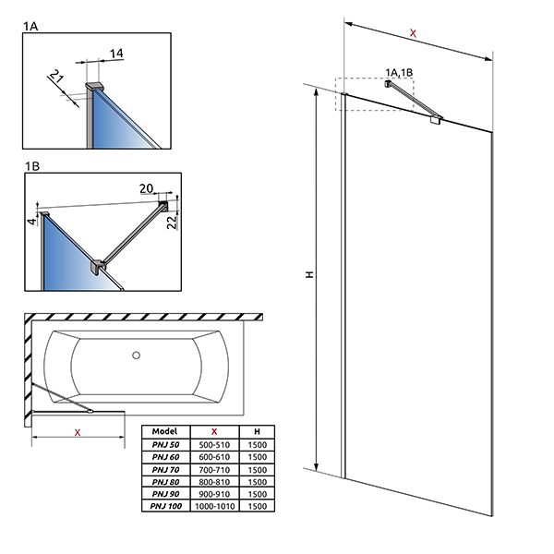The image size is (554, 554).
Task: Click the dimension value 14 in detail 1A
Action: point(115,54)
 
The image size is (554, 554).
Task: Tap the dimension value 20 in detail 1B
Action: point(146,188)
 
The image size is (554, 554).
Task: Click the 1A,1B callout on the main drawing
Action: point(399,70)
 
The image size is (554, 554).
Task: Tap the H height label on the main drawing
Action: point(310,274)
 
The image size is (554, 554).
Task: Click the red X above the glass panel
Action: point(413,33)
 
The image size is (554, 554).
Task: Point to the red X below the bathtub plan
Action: point(78,431)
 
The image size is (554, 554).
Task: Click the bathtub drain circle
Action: point(136,354)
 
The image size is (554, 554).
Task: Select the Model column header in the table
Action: point(164,431)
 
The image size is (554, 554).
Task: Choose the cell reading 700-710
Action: point(214,469)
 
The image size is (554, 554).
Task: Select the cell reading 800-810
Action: point(214,481)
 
